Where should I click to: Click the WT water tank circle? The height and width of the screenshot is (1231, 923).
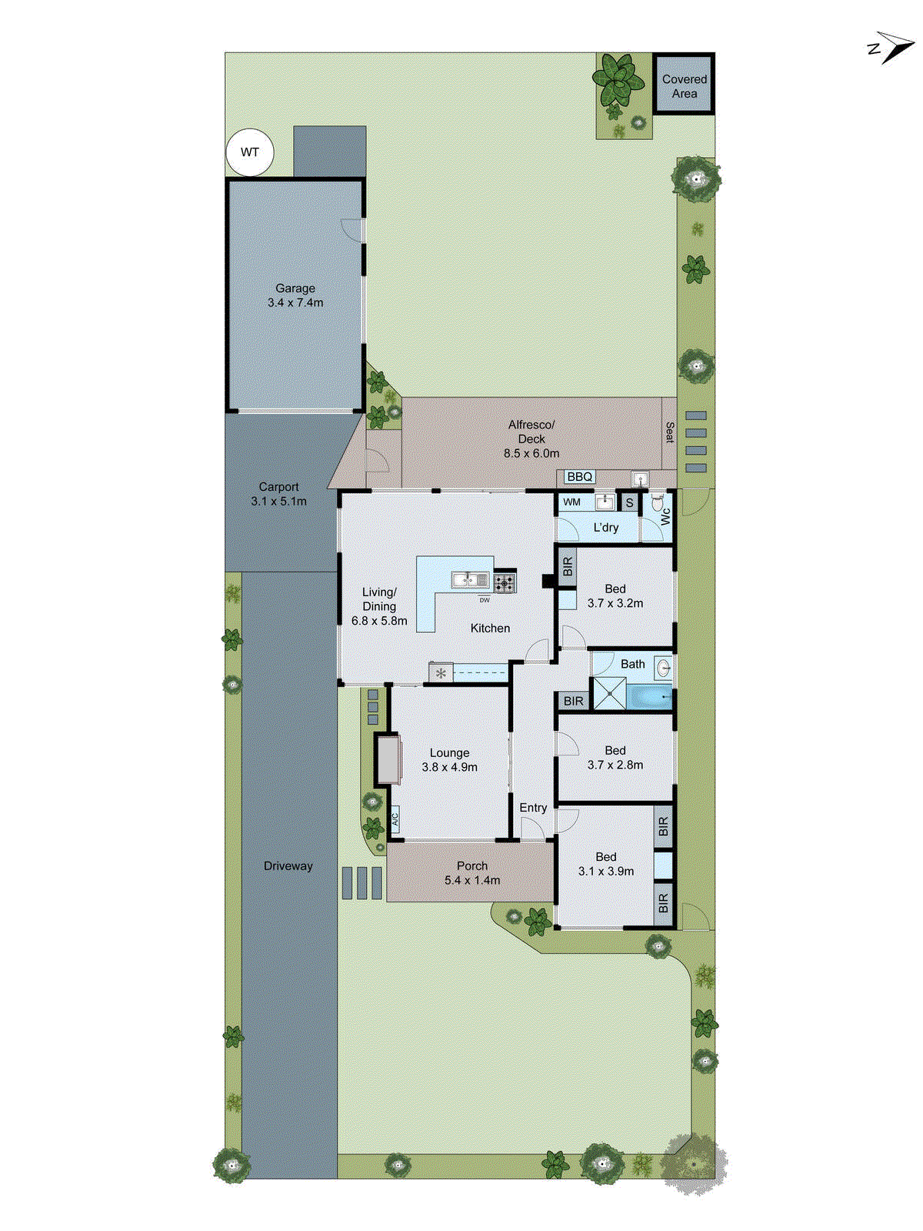click(250, 152)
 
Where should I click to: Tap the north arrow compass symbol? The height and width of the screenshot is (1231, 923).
click(892, 48)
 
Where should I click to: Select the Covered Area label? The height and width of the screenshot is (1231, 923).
click(684, 86)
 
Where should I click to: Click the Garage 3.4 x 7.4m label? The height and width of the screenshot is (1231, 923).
click(295, 295)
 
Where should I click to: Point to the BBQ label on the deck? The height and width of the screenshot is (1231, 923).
click(579, 477)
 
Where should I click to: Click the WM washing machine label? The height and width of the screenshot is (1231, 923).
click(571, 502)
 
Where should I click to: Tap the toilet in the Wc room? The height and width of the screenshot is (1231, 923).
click(658, 505)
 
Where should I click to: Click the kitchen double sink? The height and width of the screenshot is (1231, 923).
click(470, 579)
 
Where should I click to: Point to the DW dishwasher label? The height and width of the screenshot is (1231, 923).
click(484, 600)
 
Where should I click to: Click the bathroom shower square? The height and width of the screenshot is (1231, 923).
click(609, 693)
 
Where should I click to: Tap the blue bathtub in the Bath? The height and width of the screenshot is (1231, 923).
click(648, 698)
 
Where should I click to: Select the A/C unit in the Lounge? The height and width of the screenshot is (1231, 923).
click(395, 818)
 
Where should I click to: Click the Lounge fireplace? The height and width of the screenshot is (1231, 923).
click(388, 759)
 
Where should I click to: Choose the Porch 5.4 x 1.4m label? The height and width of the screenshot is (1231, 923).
click(471, 873)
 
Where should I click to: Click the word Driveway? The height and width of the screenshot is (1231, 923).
click(288, 866)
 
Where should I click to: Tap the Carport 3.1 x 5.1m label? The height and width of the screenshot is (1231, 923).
click(278, 494)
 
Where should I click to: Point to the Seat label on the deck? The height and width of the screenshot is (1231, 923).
click(669, 432)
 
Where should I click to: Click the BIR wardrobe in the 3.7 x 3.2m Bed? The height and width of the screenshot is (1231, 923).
click(568, 567)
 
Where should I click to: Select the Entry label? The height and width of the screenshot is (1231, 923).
click(533, 808)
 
